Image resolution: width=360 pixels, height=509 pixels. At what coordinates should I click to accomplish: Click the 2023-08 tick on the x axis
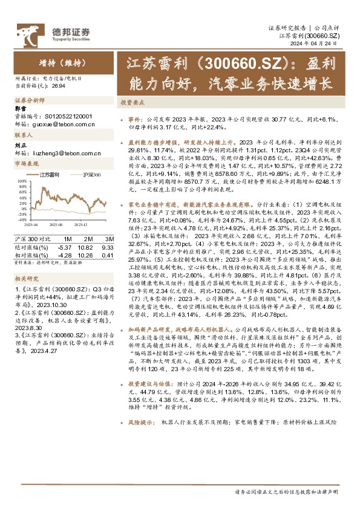[x=57, y=223]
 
